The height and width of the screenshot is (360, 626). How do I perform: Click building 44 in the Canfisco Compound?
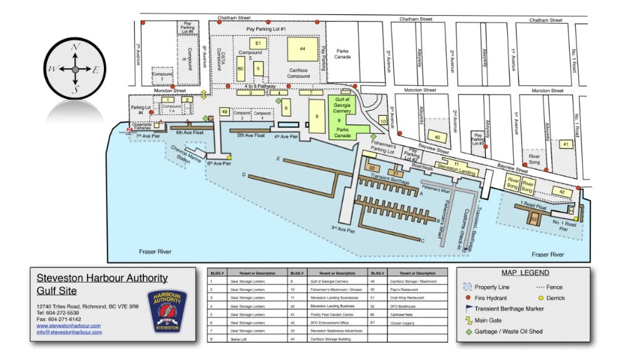[x=302, y=48]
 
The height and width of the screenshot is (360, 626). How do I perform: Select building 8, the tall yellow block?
[x=317, y=116]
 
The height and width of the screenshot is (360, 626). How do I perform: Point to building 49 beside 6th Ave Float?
[x=224, y=112]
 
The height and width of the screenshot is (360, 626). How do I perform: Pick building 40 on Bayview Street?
[x=436, y=137]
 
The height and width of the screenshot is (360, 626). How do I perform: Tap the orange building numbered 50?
[x=373, y=168]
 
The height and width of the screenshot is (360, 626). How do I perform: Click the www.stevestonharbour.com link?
[x=68, y=326]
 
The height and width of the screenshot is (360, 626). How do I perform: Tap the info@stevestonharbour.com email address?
[x=69, y=332]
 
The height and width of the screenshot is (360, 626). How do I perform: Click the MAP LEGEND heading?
[x=525, y=273]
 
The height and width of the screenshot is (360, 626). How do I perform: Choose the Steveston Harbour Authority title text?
[x=102, y=278]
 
